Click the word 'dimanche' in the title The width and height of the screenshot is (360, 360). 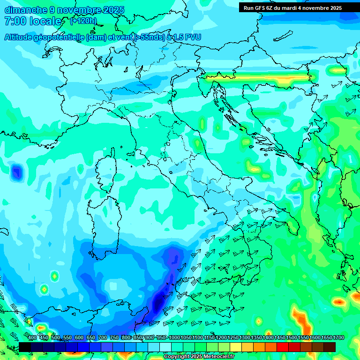pyautogui.click(x=24, y=10)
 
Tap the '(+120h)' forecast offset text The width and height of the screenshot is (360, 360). pyautogui.click(x=83, y=21)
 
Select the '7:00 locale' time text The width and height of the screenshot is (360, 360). pyautogui.click(x=33, y=21)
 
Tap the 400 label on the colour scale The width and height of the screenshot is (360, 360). pyautogui.click(x=32, y=338)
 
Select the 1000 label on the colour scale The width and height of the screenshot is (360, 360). pyautogui.click(x=174, y=338)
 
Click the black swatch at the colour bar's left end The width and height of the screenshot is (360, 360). pyautogui.click(x=25, y=347)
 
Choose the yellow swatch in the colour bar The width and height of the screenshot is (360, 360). pyautogui.click(x=236, y=347)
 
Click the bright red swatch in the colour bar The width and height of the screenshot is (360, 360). pyautogui.click(x=283, y=347)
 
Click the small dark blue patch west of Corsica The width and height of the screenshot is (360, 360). pyautogui.click(x=17, y=172)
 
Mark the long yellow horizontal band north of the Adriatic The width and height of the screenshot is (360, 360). pyautogui.click(x=258, y=78)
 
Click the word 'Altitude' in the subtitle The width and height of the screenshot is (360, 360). pyautogui.click(x=21, y=37)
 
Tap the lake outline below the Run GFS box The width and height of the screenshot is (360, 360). pyautogui.click(x=283, y=36)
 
